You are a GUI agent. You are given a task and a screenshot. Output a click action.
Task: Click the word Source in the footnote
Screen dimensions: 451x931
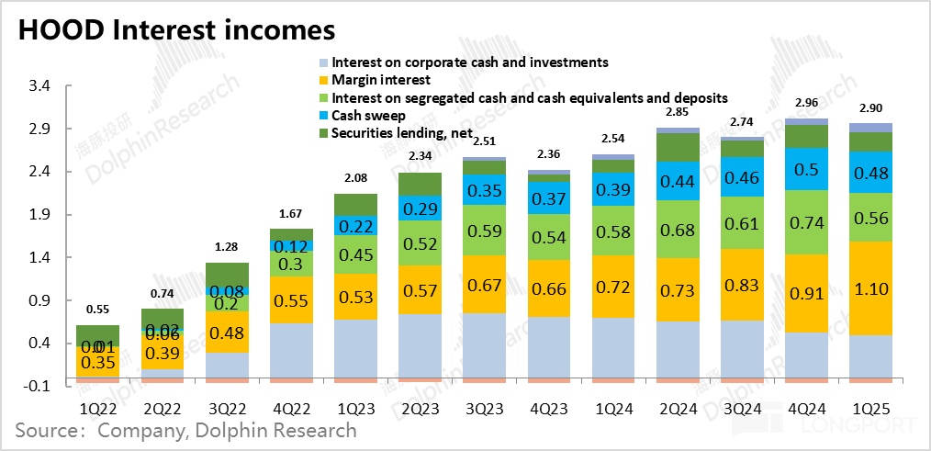pyautogui.click(x=45, y=430)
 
